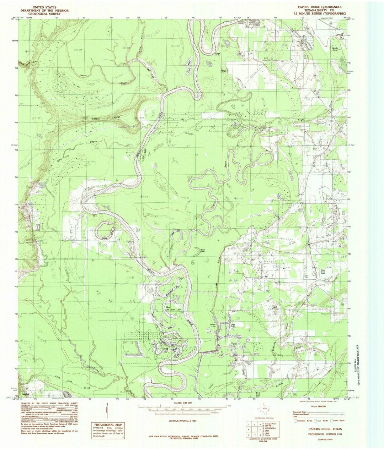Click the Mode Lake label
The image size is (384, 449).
pos(203,250)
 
